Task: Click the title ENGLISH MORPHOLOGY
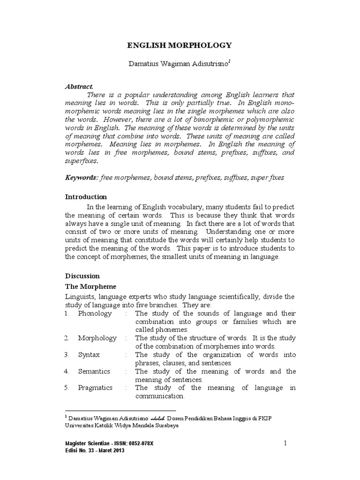click(x=180, y=45)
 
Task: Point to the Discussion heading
click(x=82, y=276)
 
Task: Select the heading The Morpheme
click(x=90, y=286)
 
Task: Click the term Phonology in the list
click(x=95, y=314)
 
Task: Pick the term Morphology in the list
click(x=97, y=338)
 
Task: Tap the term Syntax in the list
click(x=89, y=355)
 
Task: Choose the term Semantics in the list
click(x=94, y=371)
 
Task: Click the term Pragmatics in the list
click(x=96, y=388)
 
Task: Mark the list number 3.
click(x=67, y=355)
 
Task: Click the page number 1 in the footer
click(x=285, y=443)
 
